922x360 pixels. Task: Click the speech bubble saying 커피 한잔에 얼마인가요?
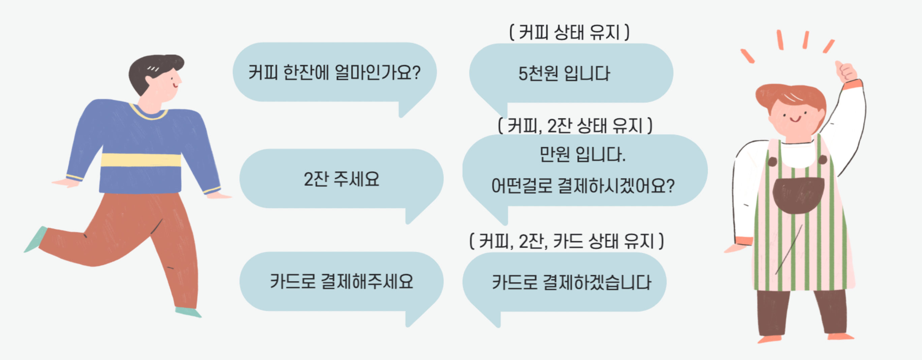pyautogui.click(x=334, y=73)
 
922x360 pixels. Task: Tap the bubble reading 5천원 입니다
pyautogui.click(x=571, y=73)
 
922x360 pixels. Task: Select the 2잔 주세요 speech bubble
pyautogui.click(x=341, y=179)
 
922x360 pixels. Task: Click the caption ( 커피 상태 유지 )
pyautogui.click(x=569, y=33)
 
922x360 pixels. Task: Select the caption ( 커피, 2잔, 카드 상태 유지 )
pyautogui.click(x=566, y=241)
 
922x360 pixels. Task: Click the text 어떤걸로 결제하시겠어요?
pyautogui.click(x=583, y=186)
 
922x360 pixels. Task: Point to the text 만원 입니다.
pyautogui.click(x=582, y=155)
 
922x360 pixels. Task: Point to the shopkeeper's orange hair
pyautogui.click(x=791, y=95)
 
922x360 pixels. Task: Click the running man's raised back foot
pyautogui.click(x=36, y=240)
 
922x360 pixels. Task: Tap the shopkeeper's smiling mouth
pyautogui.click(x=795, y=119)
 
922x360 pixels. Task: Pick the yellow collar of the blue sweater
pyautogui.click(x=149, y=113)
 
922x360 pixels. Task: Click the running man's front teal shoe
pyautogui.click(x=188, y=312)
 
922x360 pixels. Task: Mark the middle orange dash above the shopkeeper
pyautogui.click(x=806, y=40)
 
